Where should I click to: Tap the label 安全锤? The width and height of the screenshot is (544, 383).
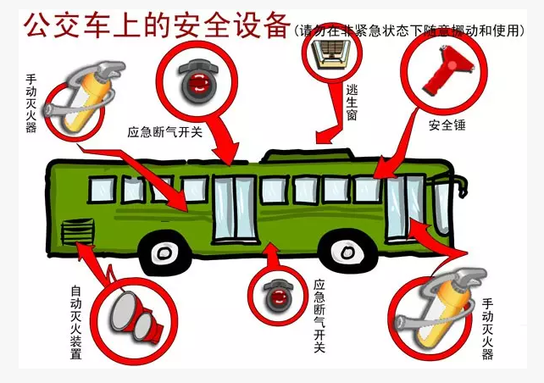coord(447,125)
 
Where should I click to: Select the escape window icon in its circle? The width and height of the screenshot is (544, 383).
coord(331,53)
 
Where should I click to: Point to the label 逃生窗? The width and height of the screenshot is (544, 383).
coord(352,103)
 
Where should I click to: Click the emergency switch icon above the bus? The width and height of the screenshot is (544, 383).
coord(198,82)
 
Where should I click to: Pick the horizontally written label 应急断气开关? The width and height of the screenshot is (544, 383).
coord(164,132)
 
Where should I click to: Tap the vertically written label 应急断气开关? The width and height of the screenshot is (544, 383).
coord(319,316)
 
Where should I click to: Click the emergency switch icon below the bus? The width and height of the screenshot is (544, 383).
coord(278,296)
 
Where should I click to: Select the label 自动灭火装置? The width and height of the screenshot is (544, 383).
coord(75,322)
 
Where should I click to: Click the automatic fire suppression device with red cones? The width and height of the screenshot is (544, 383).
coord(136,318)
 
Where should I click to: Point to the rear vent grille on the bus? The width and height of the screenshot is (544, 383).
coord(78,231)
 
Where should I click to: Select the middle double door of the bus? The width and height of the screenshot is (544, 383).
coord(235,209)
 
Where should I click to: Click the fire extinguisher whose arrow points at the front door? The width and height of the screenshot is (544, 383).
coord(441,308)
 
